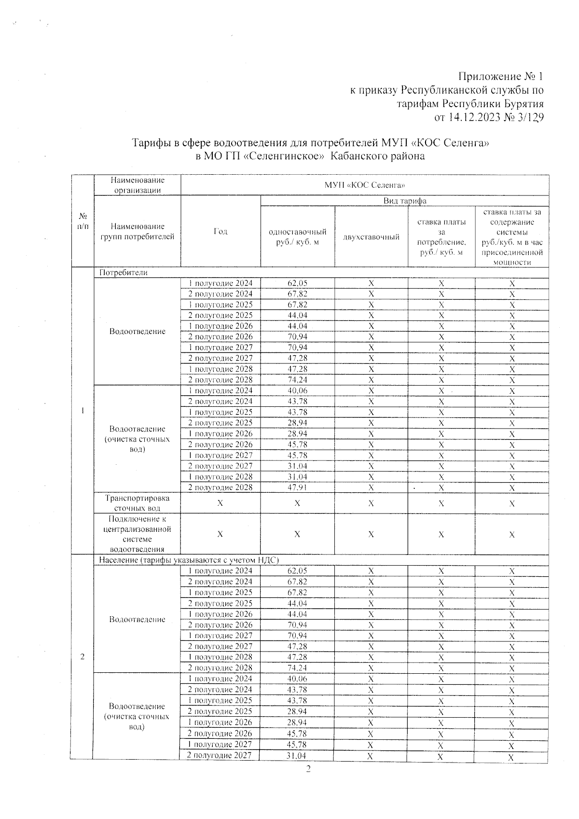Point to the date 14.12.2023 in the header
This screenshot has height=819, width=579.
point(481,117)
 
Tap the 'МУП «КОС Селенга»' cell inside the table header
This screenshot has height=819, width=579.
point(365,185)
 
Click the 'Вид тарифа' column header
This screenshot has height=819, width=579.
point(404,201)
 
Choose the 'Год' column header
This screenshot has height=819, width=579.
point(220,231)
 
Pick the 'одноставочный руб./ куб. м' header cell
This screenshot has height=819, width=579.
point(297,237)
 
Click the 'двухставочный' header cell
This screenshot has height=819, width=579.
point(371,237)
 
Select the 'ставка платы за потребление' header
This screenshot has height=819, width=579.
point(441,237)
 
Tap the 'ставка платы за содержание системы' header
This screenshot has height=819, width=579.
point(512,237)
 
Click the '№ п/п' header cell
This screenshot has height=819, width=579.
point(83,221)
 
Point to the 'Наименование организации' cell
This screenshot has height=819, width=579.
point(138,185)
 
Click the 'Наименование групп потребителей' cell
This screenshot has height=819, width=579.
point(138,231)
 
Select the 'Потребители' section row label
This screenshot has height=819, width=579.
point(123,273)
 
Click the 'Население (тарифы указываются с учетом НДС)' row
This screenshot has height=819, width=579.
point(189,560)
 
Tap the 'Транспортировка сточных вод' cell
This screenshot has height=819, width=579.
point(138,503)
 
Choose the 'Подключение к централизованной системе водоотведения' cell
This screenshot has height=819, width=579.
point(138,534)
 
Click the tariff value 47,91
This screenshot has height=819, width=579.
point(297,487)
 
